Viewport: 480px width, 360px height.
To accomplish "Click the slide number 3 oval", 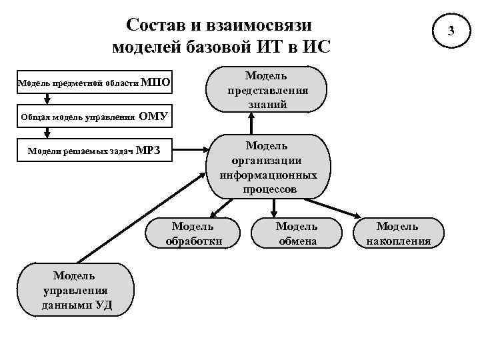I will coord(451,31).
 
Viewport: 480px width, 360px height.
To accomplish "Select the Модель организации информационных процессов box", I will coord(267,168).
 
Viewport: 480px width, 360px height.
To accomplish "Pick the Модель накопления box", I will coord(398,234).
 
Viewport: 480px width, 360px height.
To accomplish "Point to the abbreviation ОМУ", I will coord(153,119).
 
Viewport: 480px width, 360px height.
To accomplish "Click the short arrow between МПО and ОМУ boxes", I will coord(47,99).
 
